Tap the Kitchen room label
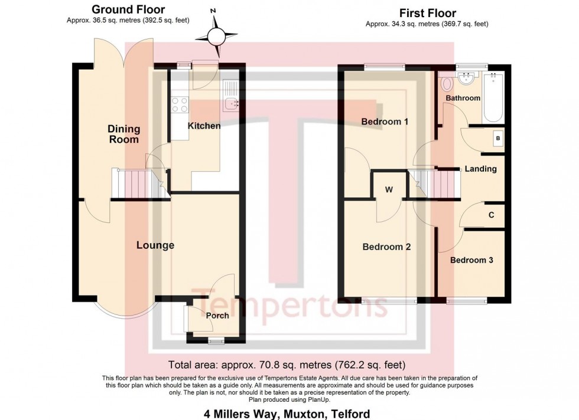tap(204, 126)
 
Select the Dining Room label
tap(123, 134)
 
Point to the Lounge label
tap(155, 245)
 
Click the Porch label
tap(217, 316)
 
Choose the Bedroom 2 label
tap(386, 248)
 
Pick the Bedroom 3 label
tap(471, 260)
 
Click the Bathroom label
tap(463, 98)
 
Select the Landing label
tap(480, 169)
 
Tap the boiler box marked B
tap(498, 139)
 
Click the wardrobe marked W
tap(389, 190)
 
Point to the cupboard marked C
tap(491, 215)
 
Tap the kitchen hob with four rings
tap(179, 104)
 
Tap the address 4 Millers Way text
tap(289, 414)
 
